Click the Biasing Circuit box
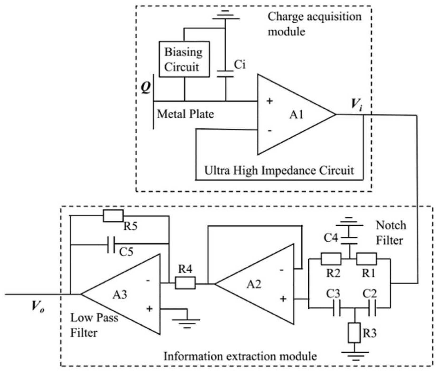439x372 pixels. click(184, 59)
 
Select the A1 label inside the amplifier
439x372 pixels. click(296, 115)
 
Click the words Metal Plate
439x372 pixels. click(185, 114)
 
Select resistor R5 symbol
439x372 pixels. click(113, 216)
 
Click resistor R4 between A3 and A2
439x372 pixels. click(185, 283)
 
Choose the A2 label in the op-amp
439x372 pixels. click(254, 284)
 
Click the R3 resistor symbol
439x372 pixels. click(354, 333)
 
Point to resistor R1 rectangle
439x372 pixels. click(366, 259)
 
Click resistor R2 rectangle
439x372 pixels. click(331, 259)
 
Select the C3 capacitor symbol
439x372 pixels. click(336, 308)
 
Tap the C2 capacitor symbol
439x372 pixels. click(372, 308)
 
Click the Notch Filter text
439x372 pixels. click(391, 233)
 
